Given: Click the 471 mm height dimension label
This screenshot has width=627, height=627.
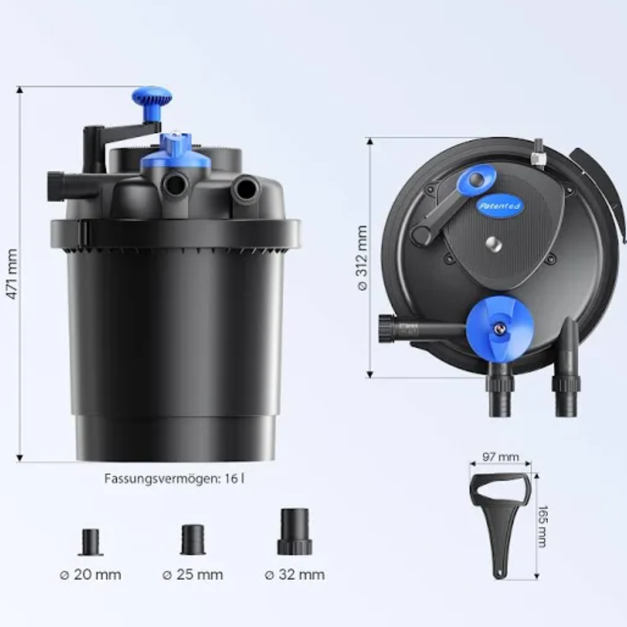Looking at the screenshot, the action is tap(12, 274).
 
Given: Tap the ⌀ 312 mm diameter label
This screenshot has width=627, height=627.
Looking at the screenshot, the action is tap(362, 258).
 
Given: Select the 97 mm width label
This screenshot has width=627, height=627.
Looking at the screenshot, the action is tap(500, 457).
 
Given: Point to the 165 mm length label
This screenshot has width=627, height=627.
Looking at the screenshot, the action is tap(543, 526).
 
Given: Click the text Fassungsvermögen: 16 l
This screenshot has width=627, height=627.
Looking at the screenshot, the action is tap(175, 479).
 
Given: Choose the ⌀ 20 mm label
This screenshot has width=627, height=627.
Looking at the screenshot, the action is tap(91, 574).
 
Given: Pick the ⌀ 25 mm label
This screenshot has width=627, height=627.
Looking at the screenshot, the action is tap(193, 574).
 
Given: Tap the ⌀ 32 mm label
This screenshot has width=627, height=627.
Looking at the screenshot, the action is tap(295, 574).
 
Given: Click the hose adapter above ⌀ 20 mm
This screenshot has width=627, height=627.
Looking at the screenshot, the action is tap(91, 543).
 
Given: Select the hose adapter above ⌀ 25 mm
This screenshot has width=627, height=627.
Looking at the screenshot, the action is tap(193, 540).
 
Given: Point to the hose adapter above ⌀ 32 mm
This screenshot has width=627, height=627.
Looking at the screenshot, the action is tap(295, 531).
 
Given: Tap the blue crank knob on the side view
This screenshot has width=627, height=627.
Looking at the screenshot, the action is tap(152, 103).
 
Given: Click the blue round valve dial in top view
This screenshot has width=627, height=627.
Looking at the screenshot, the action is tap(500, 329).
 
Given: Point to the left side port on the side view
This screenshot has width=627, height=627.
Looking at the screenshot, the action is tap(56, 186).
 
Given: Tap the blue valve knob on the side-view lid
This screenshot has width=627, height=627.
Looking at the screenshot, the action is tap(176, 151).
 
